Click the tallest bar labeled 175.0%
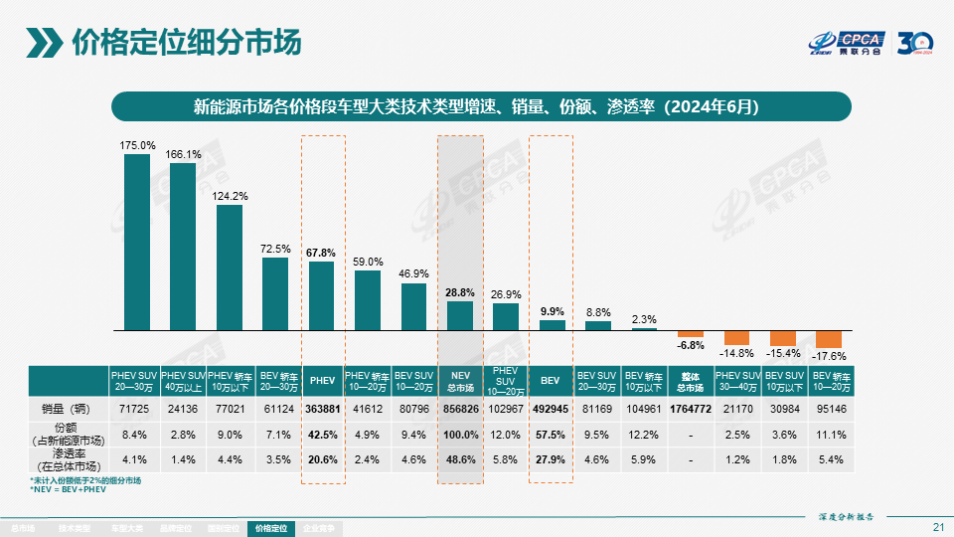tap(137, 242)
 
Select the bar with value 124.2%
tap(230, 267)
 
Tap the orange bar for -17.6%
tap(829, 339)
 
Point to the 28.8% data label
tap(460, 292)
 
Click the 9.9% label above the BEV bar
tap(552, 311)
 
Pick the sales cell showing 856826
tap(460, 409)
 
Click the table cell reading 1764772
tap(691, 409)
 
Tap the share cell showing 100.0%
tap(460, 435)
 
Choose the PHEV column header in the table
tap(322, 381)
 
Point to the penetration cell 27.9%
tap(552, 459)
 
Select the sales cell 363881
tap(322, 409)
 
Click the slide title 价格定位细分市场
tap(186, 43)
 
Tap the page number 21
tap(938, 526)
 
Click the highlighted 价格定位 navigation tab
tap(271, 528)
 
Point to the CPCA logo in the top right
tap(845, 44)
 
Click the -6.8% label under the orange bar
tap(691, 346)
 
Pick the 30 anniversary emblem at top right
tap(916, 44)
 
